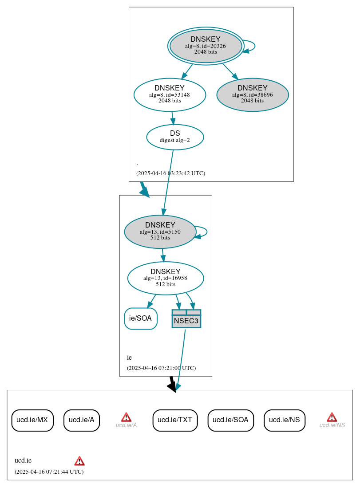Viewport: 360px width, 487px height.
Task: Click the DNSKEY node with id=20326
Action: pos(206,46)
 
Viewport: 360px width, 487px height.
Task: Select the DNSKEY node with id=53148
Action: pos(170,94)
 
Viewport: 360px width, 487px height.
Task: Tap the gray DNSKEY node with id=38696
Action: pos(253,94)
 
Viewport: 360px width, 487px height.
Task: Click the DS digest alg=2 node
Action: pos(175,137)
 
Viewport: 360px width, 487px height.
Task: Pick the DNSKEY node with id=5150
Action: pos(160,232)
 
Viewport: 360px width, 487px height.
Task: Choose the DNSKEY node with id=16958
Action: pos(166,278)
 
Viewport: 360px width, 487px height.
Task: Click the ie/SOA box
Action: pos(141,318)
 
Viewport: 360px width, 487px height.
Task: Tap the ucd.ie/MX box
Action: pos(32,420)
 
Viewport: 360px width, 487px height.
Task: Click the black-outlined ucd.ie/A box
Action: pos(82,420)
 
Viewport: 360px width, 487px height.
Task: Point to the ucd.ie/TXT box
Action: pos(175,420)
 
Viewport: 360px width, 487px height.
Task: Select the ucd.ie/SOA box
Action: pos(230,420)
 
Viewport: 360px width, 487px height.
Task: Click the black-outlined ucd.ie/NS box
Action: pos(285,420)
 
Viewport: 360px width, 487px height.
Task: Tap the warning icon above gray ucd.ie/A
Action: pos(126,417)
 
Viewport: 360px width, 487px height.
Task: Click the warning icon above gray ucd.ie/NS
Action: pos(332,417)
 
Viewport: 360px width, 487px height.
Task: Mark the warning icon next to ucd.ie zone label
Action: pos(79,461)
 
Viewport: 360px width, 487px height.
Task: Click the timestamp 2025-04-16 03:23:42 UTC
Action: pos(170,173)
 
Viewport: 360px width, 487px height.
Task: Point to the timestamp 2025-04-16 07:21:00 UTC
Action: pos(161,368)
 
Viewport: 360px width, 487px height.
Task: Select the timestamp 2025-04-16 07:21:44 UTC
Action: pos(49,472)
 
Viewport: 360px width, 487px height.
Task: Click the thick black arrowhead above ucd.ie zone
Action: pos(172,386)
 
